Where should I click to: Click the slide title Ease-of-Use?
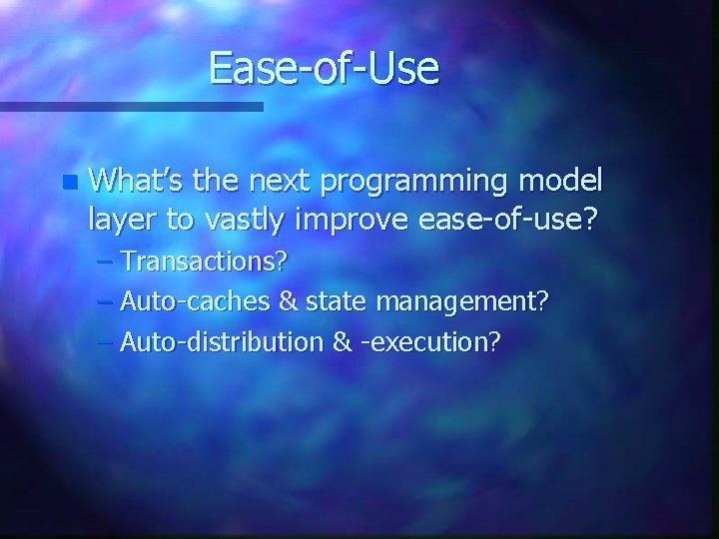[x=325, y=68]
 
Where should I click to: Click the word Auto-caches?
[x=183, y=302]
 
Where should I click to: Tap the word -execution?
[x=429, y=342]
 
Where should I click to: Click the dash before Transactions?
[x=106, y=264]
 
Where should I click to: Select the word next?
[x=286, y=182]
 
